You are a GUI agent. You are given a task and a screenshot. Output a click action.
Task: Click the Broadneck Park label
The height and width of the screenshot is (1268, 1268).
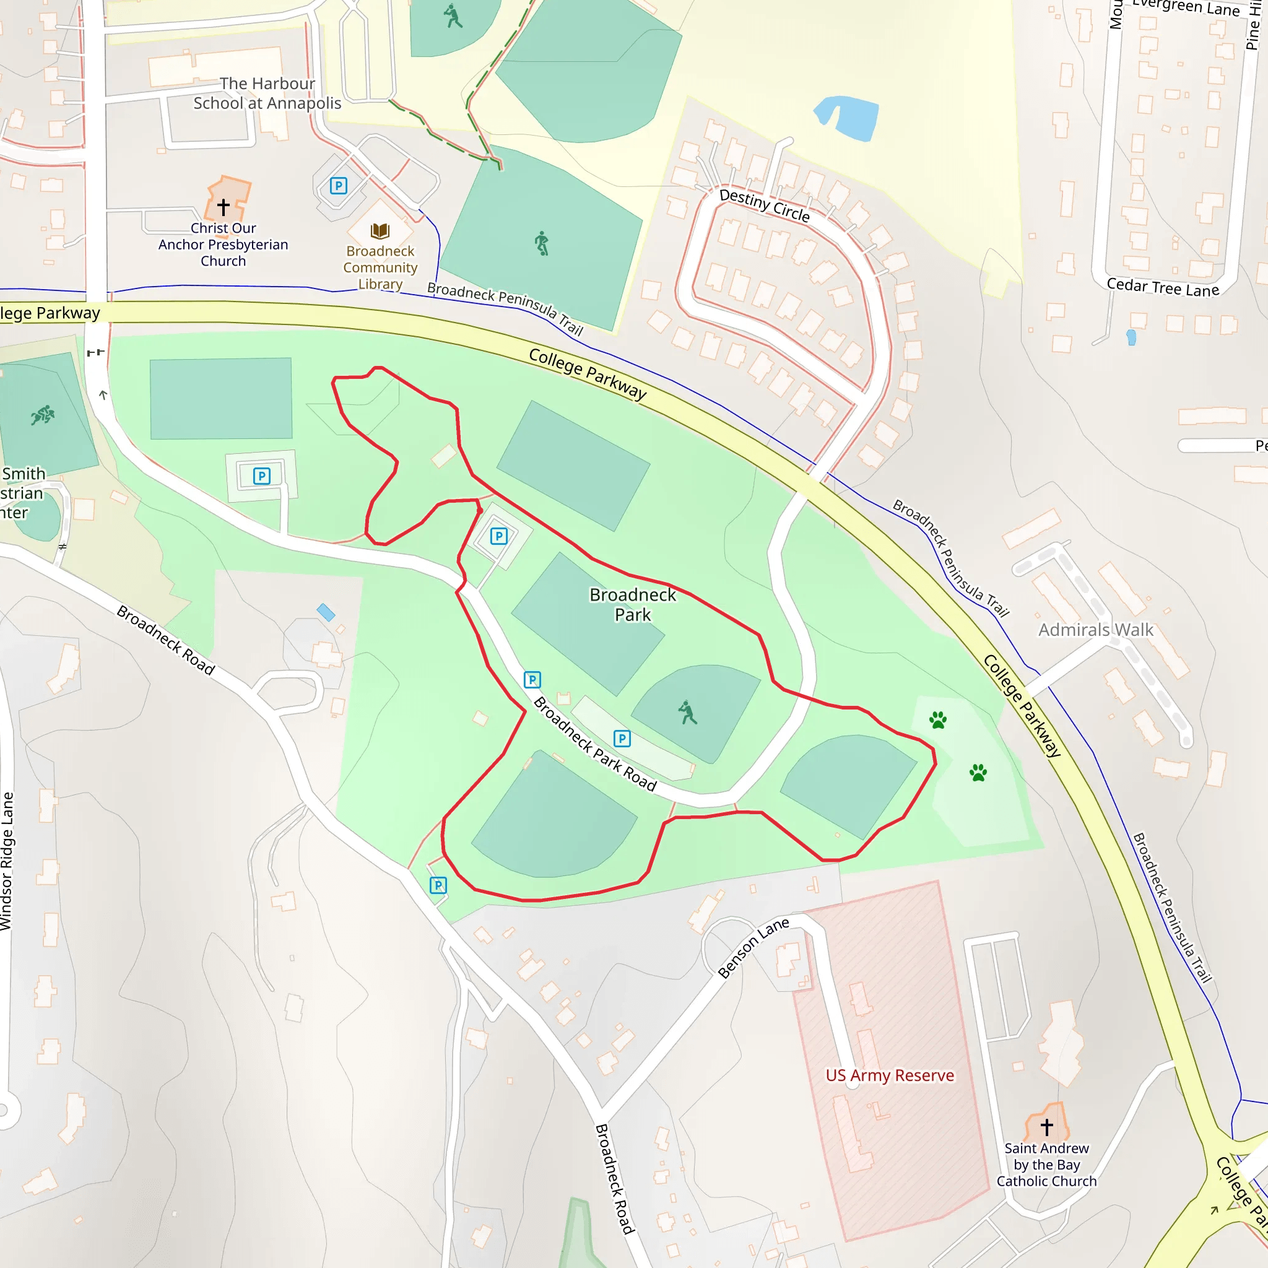[632, 604]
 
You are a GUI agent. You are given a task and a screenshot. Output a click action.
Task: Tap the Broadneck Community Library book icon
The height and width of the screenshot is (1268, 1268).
[380, 230]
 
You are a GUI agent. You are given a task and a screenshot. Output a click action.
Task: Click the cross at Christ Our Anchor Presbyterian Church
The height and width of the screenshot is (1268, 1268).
[223, 207]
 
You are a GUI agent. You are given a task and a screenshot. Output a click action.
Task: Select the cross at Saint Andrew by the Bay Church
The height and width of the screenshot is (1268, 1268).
[1046, 1127]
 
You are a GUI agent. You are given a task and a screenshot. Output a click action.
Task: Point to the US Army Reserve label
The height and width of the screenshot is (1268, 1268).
[889, 1075]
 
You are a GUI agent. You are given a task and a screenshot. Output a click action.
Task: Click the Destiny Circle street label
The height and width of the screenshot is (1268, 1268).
[764, 205]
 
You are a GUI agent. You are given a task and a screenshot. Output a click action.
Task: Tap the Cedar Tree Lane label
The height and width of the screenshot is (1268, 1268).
[1162, 287]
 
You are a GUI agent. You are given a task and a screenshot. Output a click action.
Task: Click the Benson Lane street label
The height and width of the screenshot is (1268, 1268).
[753, 948]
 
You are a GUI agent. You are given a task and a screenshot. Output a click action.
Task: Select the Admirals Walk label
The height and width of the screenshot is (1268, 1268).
[1095, 630]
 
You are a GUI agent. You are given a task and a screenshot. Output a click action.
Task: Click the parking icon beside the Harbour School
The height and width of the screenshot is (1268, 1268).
[338, 186]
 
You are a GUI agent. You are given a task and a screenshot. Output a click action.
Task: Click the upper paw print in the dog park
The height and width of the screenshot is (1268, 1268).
[938, 720]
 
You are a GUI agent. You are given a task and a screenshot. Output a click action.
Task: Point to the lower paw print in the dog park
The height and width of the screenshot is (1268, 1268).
[978, 772]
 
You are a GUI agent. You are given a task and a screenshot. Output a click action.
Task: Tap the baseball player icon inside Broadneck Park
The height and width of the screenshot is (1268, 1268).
[687, 712]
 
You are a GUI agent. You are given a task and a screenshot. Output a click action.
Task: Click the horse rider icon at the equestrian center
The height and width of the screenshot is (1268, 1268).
[43, 415]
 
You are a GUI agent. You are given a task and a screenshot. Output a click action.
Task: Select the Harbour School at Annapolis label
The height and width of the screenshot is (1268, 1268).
[267, 93]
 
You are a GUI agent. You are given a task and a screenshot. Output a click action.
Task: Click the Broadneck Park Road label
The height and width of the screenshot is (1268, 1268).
[594, 744]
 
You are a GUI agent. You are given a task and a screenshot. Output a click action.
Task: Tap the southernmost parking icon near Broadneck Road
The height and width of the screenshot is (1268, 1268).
[438, 885]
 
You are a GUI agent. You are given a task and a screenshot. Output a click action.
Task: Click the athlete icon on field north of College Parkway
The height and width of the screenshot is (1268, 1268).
[541, 243]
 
